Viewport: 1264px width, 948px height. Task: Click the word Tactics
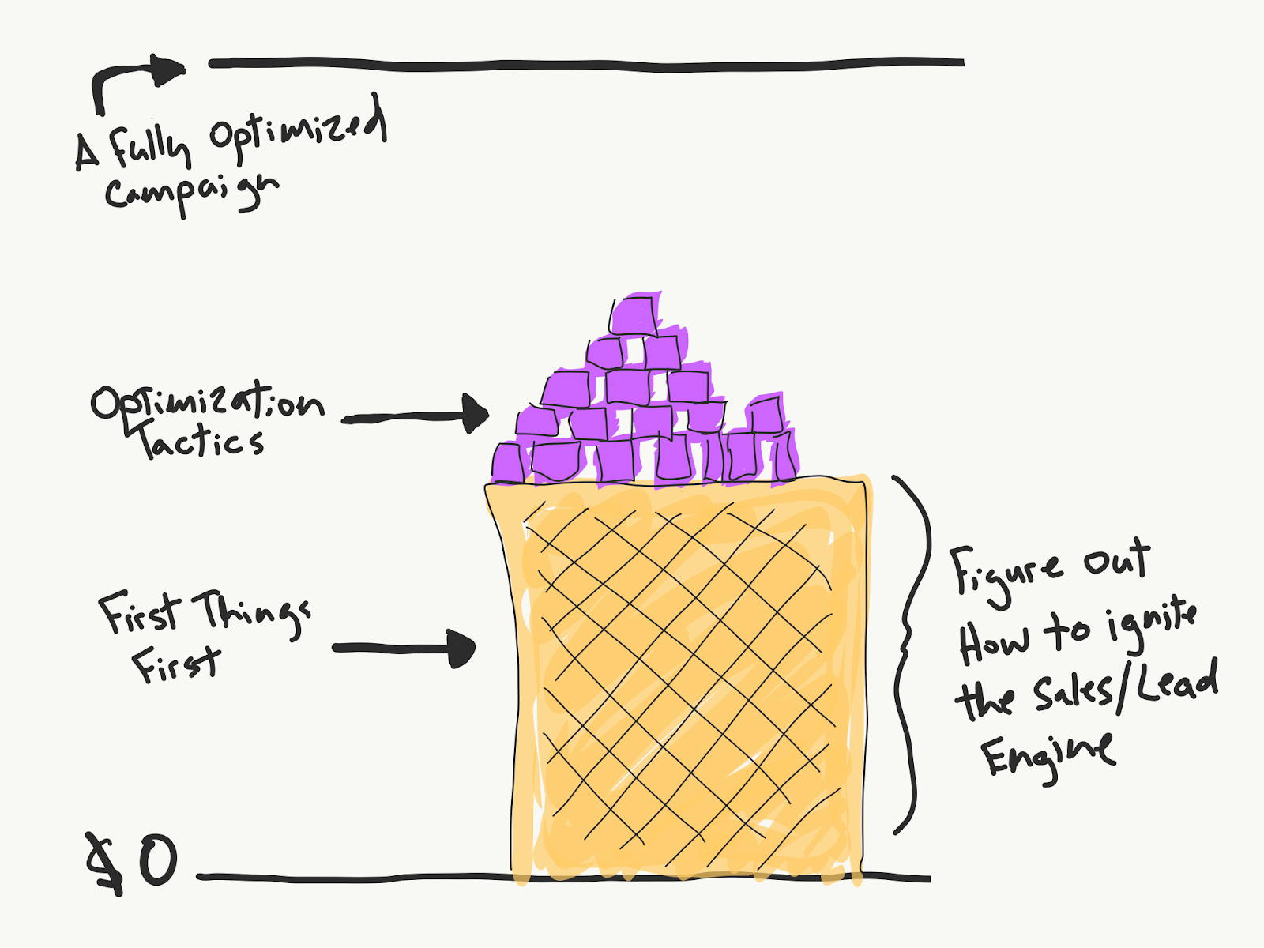pos(199,441)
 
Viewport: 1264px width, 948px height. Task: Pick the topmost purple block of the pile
pos(634,315)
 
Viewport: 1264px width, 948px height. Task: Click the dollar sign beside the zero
pos(106,863)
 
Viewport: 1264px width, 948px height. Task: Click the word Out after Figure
pos(1117,559)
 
